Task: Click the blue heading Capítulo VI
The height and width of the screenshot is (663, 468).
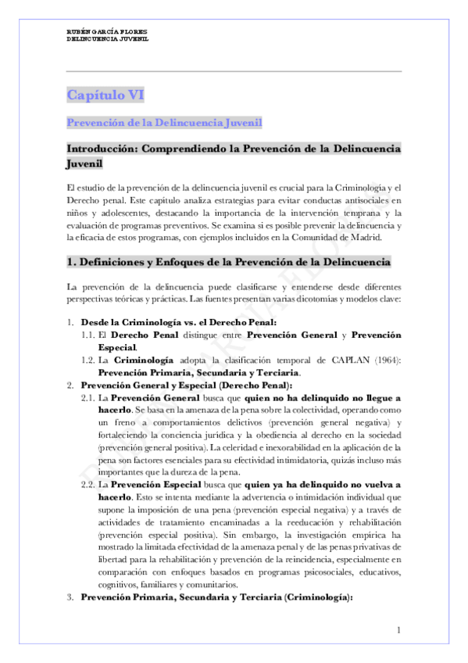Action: click(x=105, y=95)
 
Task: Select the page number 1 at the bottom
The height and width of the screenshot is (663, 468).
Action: click(x=398, y=630)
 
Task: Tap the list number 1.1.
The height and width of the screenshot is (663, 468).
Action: click(x=88, y=335)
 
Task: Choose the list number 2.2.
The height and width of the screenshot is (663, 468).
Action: click(x=88, y=485)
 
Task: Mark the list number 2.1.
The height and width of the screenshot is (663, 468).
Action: click(x=88, y=397)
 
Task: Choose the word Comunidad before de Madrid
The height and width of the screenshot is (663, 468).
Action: click(x=312, y=237)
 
